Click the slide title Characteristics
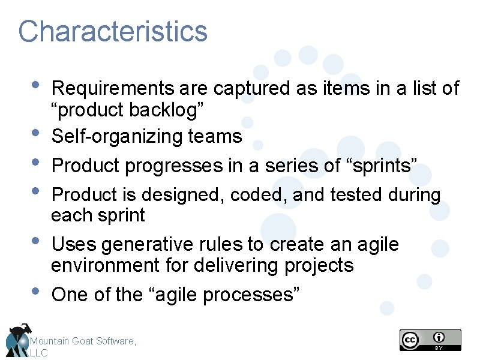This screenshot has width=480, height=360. pyautogui.click(x=113, y=31)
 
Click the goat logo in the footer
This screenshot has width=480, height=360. pyautogui.click(x=17, y=339)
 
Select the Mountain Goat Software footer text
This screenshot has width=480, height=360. pyautogui.click(x=83, y=341)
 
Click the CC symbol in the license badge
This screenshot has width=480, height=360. pyautogui.click(x=410, y=340)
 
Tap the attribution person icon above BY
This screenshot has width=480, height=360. pyautogui.click(x=440, y=337)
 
